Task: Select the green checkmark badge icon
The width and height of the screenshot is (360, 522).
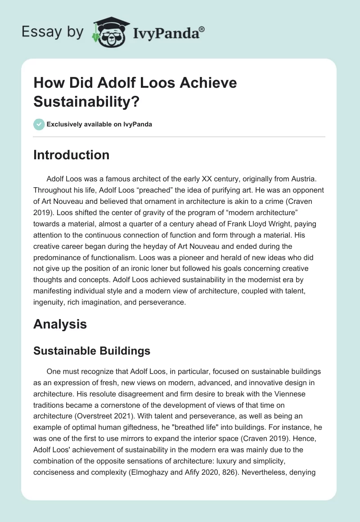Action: point(39,124)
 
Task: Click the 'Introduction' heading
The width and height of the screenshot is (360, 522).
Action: point(72,155)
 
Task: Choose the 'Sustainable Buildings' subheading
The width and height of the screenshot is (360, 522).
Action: point(92,351)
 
